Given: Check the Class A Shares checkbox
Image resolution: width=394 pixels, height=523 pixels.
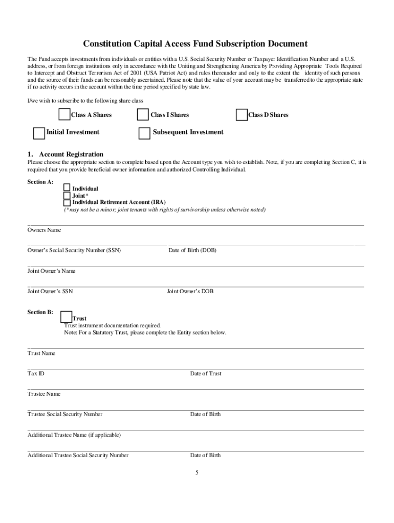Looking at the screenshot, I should point(64,114).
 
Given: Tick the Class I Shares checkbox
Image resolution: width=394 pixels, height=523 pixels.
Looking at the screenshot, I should point(143,114).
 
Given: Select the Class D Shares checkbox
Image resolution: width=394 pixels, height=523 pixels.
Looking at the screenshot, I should point(242,115).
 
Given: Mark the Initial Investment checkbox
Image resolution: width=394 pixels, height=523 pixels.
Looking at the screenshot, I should point(39,133).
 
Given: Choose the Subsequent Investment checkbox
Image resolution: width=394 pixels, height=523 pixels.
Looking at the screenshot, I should point(144,133).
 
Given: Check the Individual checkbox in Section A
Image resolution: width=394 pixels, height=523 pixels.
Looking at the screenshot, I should point(67,187).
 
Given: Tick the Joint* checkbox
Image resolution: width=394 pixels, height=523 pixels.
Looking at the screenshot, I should point(67,195).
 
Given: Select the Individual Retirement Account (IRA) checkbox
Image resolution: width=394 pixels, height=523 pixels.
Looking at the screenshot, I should point(67,202).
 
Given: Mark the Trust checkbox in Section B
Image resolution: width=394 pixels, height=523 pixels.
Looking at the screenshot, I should point(66,317).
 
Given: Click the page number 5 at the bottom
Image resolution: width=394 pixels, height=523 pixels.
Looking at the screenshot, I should point(196,472).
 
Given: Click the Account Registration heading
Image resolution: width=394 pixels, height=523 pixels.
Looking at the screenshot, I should point(71,154).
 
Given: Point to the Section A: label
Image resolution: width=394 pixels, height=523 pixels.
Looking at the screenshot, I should point(40,182).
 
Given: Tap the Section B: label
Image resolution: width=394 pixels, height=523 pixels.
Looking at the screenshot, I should point(40,312).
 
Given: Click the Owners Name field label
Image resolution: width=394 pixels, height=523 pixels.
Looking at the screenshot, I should point(44,230).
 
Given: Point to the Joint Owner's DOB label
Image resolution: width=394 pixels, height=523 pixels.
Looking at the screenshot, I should point(190,291).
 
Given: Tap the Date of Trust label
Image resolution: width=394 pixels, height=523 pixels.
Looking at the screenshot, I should point(206,373).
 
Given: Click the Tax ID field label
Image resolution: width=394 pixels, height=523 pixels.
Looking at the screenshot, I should point(36,373).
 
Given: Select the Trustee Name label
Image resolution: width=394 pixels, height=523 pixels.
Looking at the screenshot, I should point(44,394).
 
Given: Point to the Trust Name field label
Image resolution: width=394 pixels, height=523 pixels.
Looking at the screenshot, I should point(41,353).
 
